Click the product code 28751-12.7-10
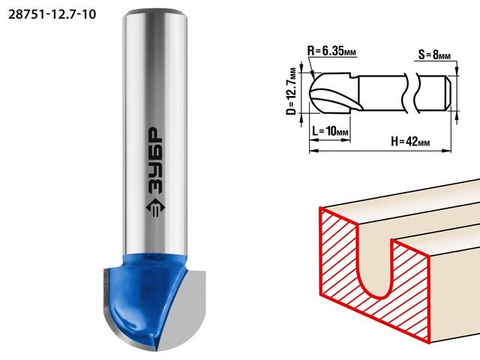tap(52, 14)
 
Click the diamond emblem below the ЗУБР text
tap(156, 208)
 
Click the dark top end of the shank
tap(155, 13)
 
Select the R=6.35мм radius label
tap(331, 51)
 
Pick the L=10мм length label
tap(330, 131)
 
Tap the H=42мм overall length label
tap(410, 142)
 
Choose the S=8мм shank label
tap(434, 55)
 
